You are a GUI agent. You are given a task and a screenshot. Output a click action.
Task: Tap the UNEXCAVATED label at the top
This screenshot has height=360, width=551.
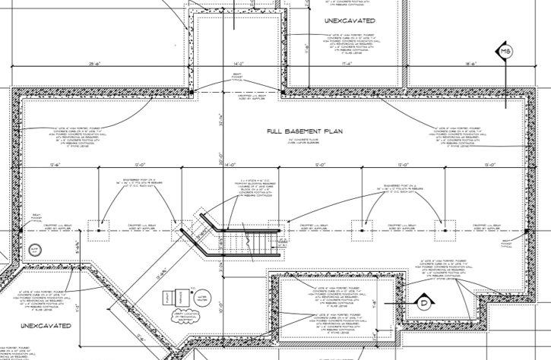346,21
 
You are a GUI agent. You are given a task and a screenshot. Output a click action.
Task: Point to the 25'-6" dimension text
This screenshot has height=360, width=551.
95,64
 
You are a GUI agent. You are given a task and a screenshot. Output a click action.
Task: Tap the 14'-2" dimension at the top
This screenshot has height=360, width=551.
236,64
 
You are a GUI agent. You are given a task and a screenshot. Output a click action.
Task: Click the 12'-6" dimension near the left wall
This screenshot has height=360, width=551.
54,163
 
